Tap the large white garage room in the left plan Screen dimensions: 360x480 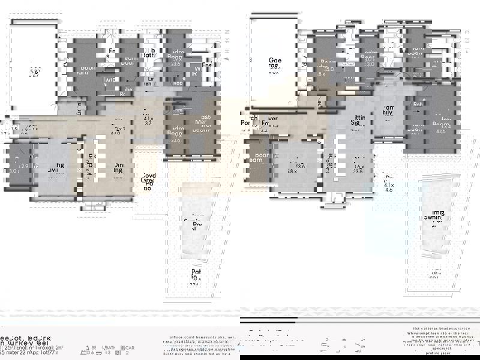click(35, 67)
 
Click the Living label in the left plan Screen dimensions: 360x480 click(56, 169)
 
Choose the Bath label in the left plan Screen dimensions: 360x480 click(149, 55)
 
